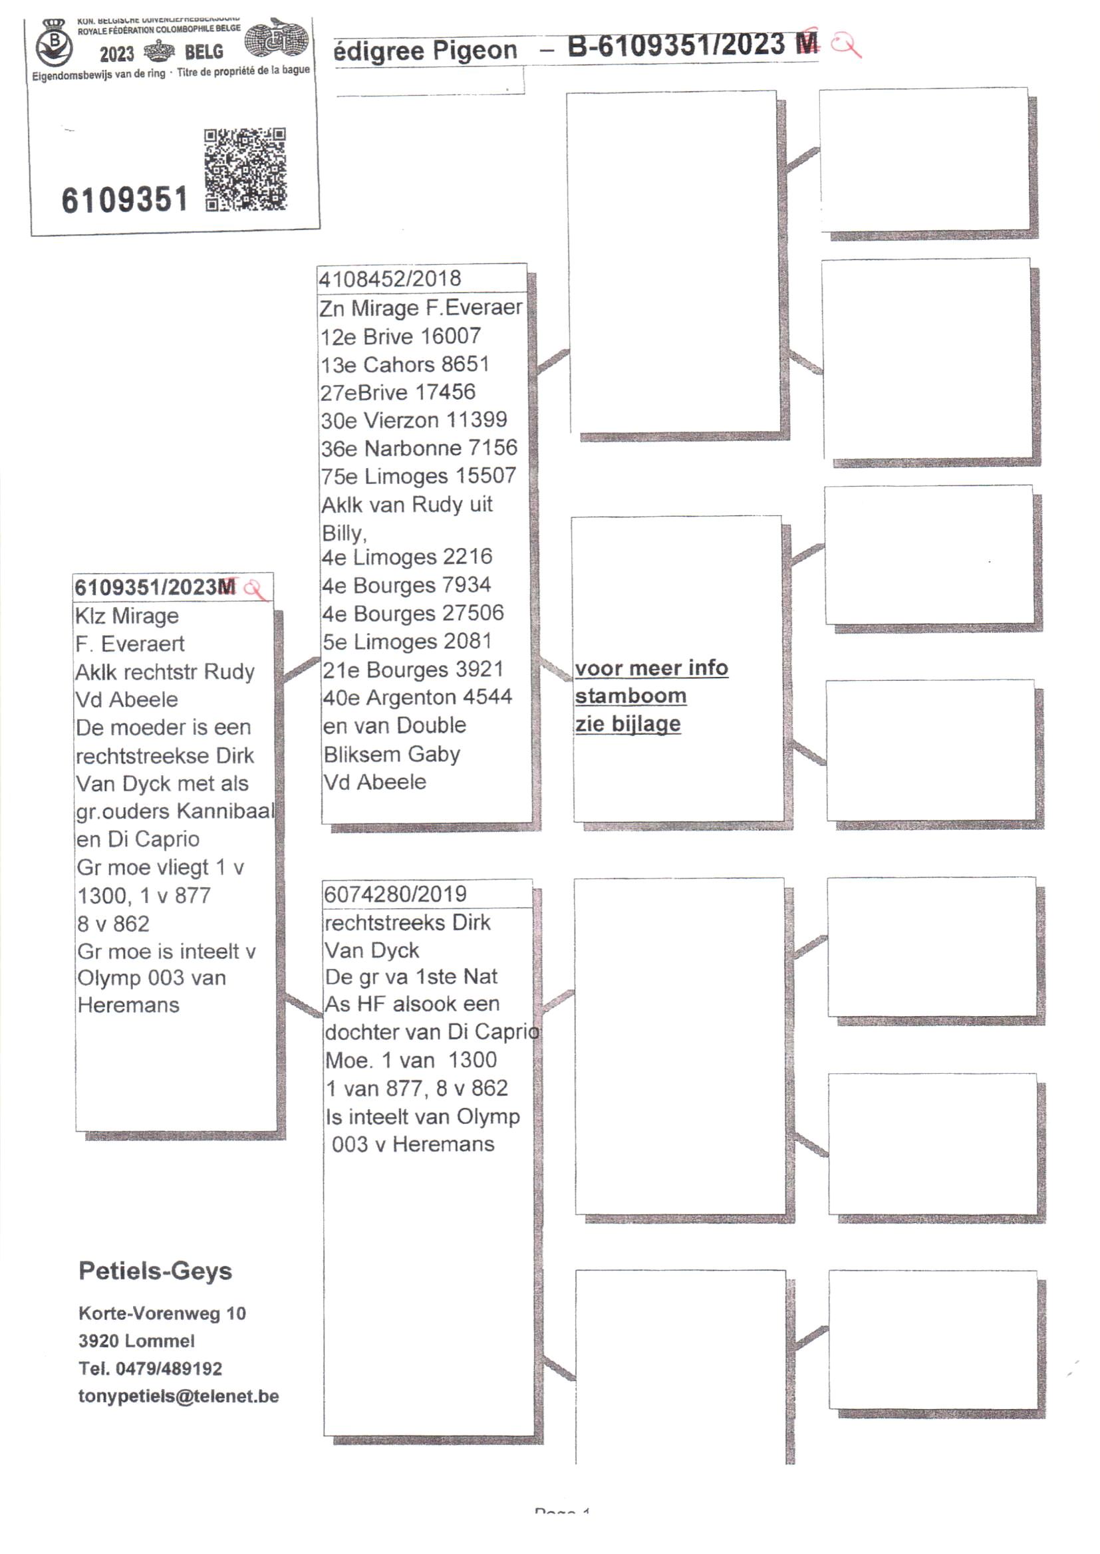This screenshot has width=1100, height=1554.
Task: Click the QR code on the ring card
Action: coord(245,170)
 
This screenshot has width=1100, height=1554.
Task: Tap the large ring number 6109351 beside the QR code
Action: coord(124,200)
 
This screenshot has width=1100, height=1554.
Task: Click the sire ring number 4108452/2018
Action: coord(390,279)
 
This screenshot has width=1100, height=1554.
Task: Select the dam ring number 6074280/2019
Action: coord(395,894)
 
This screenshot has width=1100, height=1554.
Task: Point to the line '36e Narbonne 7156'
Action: coord(418,448)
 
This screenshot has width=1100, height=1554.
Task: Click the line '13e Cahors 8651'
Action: coord(404,364)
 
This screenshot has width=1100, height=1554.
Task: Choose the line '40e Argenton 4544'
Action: coord(416,698)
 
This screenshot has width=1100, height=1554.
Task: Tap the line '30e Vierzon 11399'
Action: coord(413,420)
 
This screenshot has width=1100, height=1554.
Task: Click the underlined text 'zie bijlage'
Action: coord(628,724)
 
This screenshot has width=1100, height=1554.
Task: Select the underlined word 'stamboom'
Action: coord(630,696)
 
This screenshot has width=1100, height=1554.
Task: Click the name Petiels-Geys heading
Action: coord(155,1271)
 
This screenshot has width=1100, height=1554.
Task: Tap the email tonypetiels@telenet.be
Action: coord(179,1396)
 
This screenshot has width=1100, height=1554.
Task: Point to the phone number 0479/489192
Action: coord(169,1368)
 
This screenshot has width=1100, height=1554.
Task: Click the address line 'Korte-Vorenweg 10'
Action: coord(162,1314)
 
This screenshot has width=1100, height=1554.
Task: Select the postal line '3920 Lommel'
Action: coord(136,1341)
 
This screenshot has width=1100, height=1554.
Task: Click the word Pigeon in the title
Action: coord(474,51)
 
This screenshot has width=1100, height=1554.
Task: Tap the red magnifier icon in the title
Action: coord(846,45)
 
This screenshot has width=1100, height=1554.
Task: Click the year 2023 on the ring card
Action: coord(116,53)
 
